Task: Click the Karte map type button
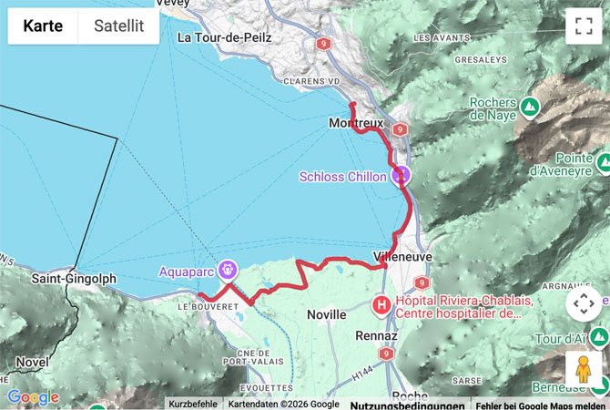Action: click(43, 26)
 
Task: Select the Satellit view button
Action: click(119, 26)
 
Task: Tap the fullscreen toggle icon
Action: click(583, 26)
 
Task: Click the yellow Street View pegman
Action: click(583, 369)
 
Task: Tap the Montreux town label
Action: click(356, 123)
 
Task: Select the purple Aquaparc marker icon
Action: click(228, 270)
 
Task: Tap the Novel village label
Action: click(33, 362)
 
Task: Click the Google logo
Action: click(33, 397)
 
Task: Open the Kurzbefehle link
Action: click(192, 404)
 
